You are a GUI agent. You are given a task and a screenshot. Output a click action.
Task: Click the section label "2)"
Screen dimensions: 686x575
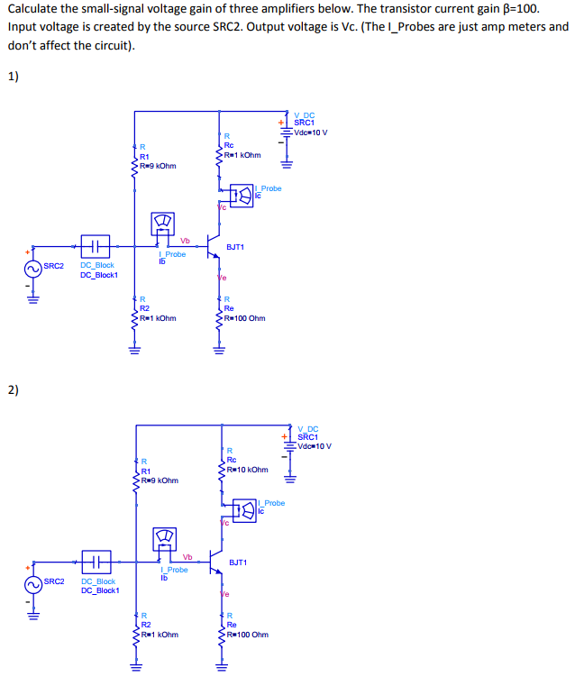pos(13,390)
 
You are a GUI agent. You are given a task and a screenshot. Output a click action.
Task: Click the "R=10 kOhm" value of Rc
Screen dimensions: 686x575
pos(247,470)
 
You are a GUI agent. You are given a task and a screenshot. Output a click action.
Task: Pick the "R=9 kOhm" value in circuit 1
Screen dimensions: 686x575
pos(158,165)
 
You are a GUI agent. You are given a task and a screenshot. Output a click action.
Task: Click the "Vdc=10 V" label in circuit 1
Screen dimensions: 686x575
pos(311,133)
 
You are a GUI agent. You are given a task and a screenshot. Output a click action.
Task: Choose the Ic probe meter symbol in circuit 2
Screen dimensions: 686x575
pos(243,508)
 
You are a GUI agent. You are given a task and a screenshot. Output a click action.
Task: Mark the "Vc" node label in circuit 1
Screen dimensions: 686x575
pos(222,208)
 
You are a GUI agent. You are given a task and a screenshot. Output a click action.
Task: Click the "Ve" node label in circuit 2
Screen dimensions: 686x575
pos(224,595)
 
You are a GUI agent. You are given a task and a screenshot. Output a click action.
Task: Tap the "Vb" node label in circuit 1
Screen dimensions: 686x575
pos(185,240)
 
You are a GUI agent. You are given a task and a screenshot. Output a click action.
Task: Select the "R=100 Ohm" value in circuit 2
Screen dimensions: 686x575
pos(247,635)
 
